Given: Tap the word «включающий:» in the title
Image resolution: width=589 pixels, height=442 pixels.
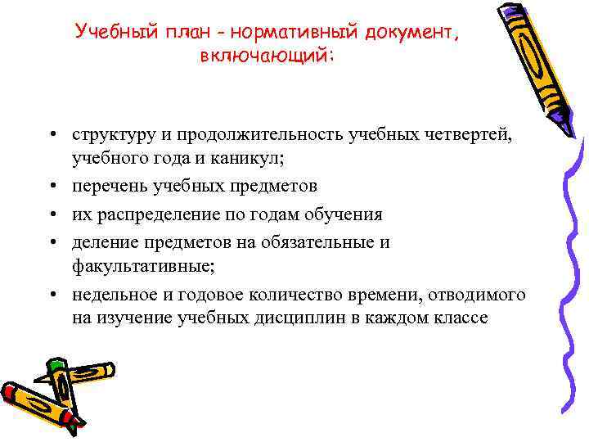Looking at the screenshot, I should pos(267,56).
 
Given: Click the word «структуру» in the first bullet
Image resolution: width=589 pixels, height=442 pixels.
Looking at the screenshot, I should pos(111,135).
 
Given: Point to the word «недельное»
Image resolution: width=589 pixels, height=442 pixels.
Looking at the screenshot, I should pos(111,295).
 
